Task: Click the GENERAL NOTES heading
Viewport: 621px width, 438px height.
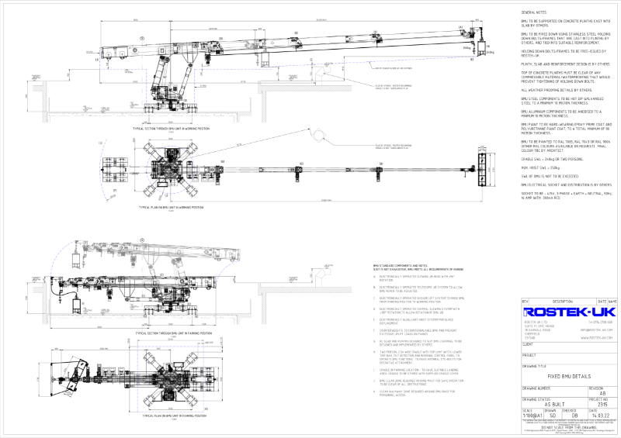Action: tap(535, 13)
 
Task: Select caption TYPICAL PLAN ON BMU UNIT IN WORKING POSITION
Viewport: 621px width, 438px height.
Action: tap(172, 208)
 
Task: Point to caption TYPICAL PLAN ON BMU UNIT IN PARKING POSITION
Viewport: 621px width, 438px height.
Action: tap(172, 416)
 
